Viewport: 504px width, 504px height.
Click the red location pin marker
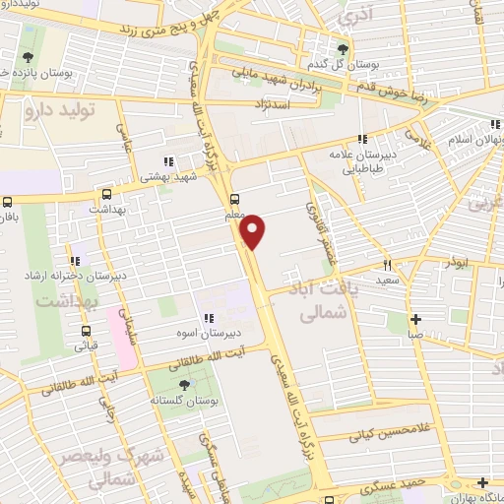(x=255, y=230)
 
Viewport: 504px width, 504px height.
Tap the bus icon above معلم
(x=234, y=196)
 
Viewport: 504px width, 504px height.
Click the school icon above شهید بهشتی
(x=168, y=161)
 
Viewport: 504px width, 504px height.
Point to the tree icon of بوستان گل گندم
(x=343, y=49)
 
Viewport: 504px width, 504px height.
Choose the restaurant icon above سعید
(x=388, y=264)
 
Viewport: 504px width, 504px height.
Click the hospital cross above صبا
(x=416, y=319)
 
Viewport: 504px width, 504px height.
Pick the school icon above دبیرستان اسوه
(x=209, y=318)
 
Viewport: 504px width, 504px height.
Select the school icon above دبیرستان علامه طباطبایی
(x=363, y=139)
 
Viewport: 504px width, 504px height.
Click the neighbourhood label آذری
(x=351, y=18)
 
